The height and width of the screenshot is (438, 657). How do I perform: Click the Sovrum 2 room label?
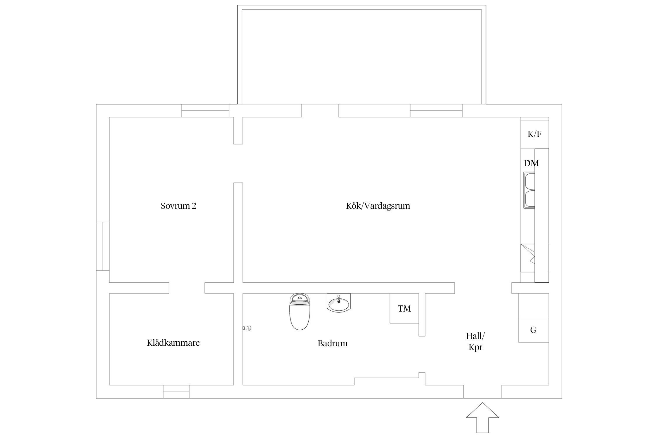click(178, 206)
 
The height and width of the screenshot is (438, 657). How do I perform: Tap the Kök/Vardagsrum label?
click(378, 206)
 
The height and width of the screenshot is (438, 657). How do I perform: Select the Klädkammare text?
click(173, 343)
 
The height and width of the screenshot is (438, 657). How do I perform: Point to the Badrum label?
click(333, 343)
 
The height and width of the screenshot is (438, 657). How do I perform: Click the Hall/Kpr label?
click(475, 341)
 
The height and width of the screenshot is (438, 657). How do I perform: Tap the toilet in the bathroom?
click(300, 312)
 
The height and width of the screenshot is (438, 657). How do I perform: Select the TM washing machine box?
click(404, 308)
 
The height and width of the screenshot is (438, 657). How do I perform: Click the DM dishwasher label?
click(531, 163)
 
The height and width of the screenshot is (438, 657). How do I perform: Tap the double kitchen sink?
click(529, 190)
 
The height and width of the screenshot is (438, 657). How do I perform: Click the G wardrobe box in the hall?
click(533, 330)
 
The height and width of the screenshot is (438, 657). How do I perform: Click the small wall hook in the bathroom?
click(247, 328)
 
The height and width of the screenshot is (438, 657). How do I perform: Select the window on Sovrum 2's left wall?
click(103, 246)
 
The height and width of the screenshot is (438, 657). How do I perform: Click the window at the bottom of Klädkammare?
click(176, 392)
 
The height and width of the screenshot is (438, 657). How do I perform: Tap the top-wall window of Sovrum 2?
click(205, 111)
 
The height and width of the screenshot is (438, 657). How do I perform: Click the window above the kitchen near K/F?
click(436, 111)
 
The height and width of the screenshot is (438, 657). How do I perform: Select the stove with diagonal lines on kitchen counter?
click(528, 258)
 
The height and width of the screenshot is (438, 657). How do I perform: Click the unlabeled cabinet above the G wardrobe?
click(533, 305)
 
